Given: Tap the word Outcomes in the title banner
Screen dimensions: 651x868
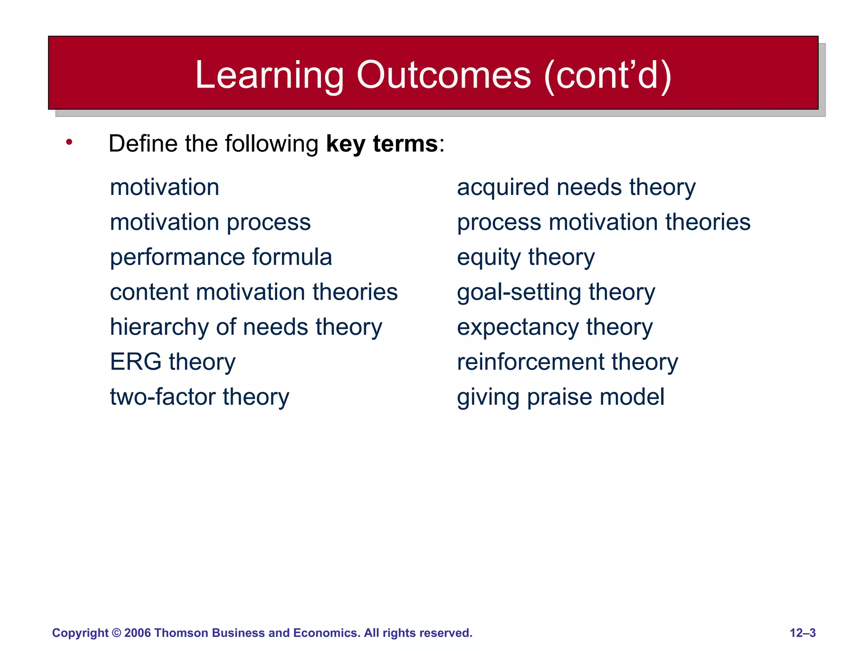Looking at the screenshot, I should click(x=443, y=75).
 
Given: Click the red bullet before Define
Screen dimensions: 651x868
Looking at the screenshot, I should click(x=69, y=142).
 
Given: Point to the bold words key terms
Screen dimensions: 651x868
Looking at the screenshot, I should click(x=381, y=144).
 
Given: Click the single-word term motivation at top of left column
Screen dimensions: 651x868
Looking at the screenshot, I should click(x=164, y=187).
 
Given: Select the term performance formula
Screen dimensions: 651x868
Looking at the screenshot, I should click(x=221, y=257).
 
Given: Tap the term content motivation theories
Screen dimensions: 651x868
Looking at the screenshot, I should click(x=253, y=292).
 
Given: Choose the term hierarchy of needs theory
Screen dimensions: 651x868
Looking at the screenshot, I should click(x=246, y=327).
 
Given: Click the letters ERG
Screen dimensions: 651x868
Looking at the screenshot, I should click(x=136, y=362).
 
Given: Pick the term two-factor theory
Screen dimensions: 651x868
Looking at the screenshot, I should click(x=199, y=397).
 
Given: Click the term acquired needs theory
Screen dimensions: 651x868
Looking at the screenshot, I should click(x=576, y=187).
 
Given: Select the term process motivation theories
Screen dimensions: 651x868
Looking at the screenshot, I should click(x=604, y=222).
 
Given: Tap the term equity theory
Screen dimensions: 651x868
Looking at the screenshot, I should click(x=526, y=257).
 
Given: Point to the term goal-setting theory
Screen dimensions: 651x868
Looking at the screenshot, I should click(x=556, y=292).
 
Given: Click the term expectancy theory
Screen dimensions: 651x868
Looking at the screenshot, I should click(x=554, y=327).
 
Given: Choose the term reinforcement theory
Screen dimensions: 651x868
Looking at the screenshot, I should click(x=567, y=362).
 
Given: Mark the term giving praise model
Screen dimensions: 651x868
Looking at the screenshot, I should click(x=560, y=397).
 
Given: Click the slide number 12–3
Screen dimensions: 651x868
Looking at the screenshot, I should click(x=802, y=633).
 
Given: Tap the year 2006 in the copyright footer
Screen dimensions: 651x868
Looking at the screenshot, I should click(x=137, y=633).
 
